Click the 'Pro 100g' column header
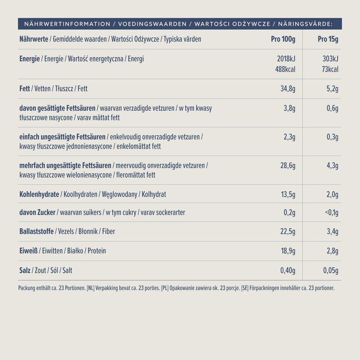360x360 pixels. [x=283, y=39]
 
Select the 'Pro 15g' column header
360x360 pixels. [x=328, y=39]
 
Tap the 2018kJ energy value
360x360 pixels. [x=285, y=59]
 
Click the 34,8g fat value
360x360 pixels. [x=288, y=89]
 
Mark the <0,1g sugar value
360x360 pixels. [x=331, y=212]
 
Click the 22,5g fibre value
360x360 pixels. [x=288, y=232]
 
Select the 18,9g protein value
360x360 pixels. [x=288, y=251]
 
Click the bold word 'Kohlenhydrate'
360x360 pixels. [x=39, y=194]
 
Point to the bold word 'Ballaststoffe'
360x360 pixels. [x=36, y=232]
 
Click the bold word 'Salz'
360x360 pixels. [x=25, y=270]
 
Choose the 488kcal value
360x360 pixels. [x=285, y=69]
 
